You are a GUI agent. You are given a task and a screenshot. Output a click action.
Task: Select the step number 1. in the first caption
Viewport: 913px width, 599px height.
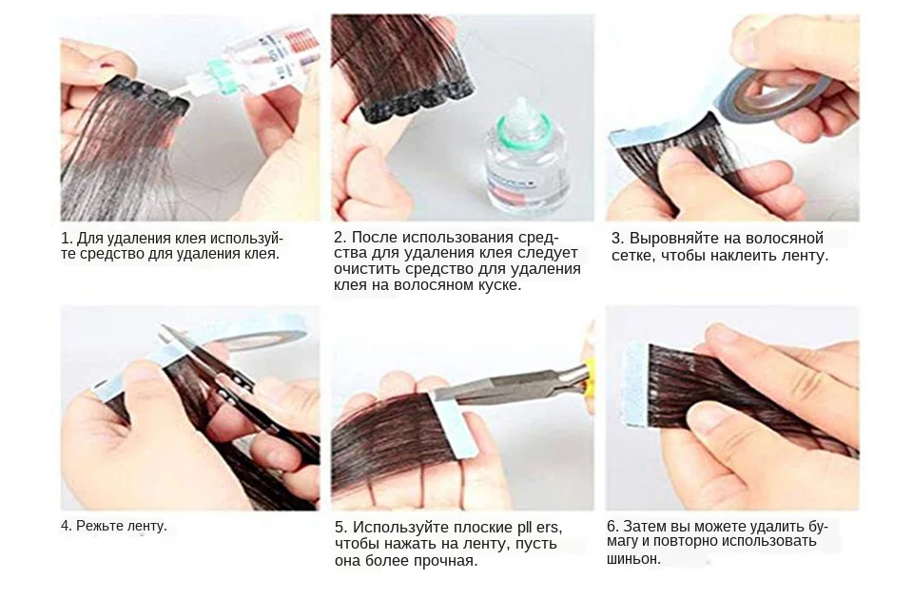click(x=67, y=238)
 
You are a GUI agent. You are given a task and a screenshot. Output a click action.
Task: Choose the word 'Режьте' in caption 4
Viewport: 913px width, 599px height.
click(x=98, y=526)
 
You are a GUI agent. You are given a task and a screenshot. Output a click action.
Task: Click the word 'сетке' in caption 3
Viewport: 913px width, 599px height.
click(x=631, y=256)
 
